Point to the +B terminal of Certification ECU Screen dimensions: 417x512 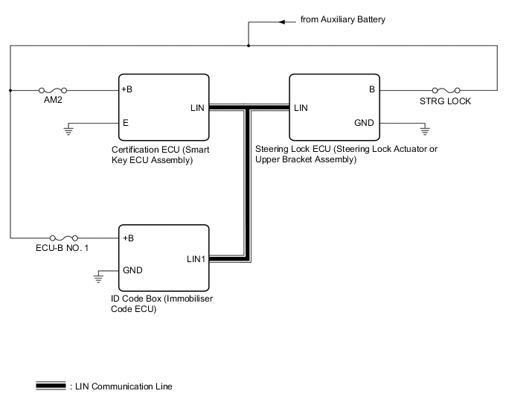(x=127, y=90)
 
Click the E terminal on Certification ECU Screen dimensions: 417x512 (x=126, y=123)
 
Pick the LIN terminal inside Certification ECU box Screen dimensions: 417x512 (x=197, y=108)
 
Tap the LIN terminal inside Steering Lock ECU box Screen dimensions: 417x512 (x=301, y=108)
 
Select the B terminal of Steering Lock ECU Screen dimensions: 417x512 (x=371, y=90)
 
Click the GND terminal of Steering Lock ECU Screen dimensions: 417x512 (x=364, y=123)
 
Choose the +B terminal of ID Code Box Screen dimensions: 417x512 (x=127, y=238)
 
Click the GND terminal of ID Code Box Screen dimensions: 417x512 (x=132, y=270)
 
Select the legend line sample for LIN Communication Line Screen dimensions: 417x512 (x=51, y=386)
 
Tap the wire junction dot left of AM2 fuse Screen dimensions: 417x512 (x=10, y=90)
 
